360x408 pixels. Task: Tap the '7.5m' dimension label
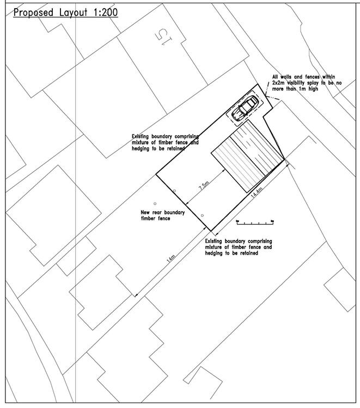tap(204, 187)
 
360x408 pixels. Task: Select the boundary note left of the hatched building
tap(166, 142)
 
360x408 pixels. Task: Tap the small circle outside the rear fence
tap(155, 203)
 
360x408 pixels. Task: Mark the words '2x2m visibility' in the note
tap(292, 83)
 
